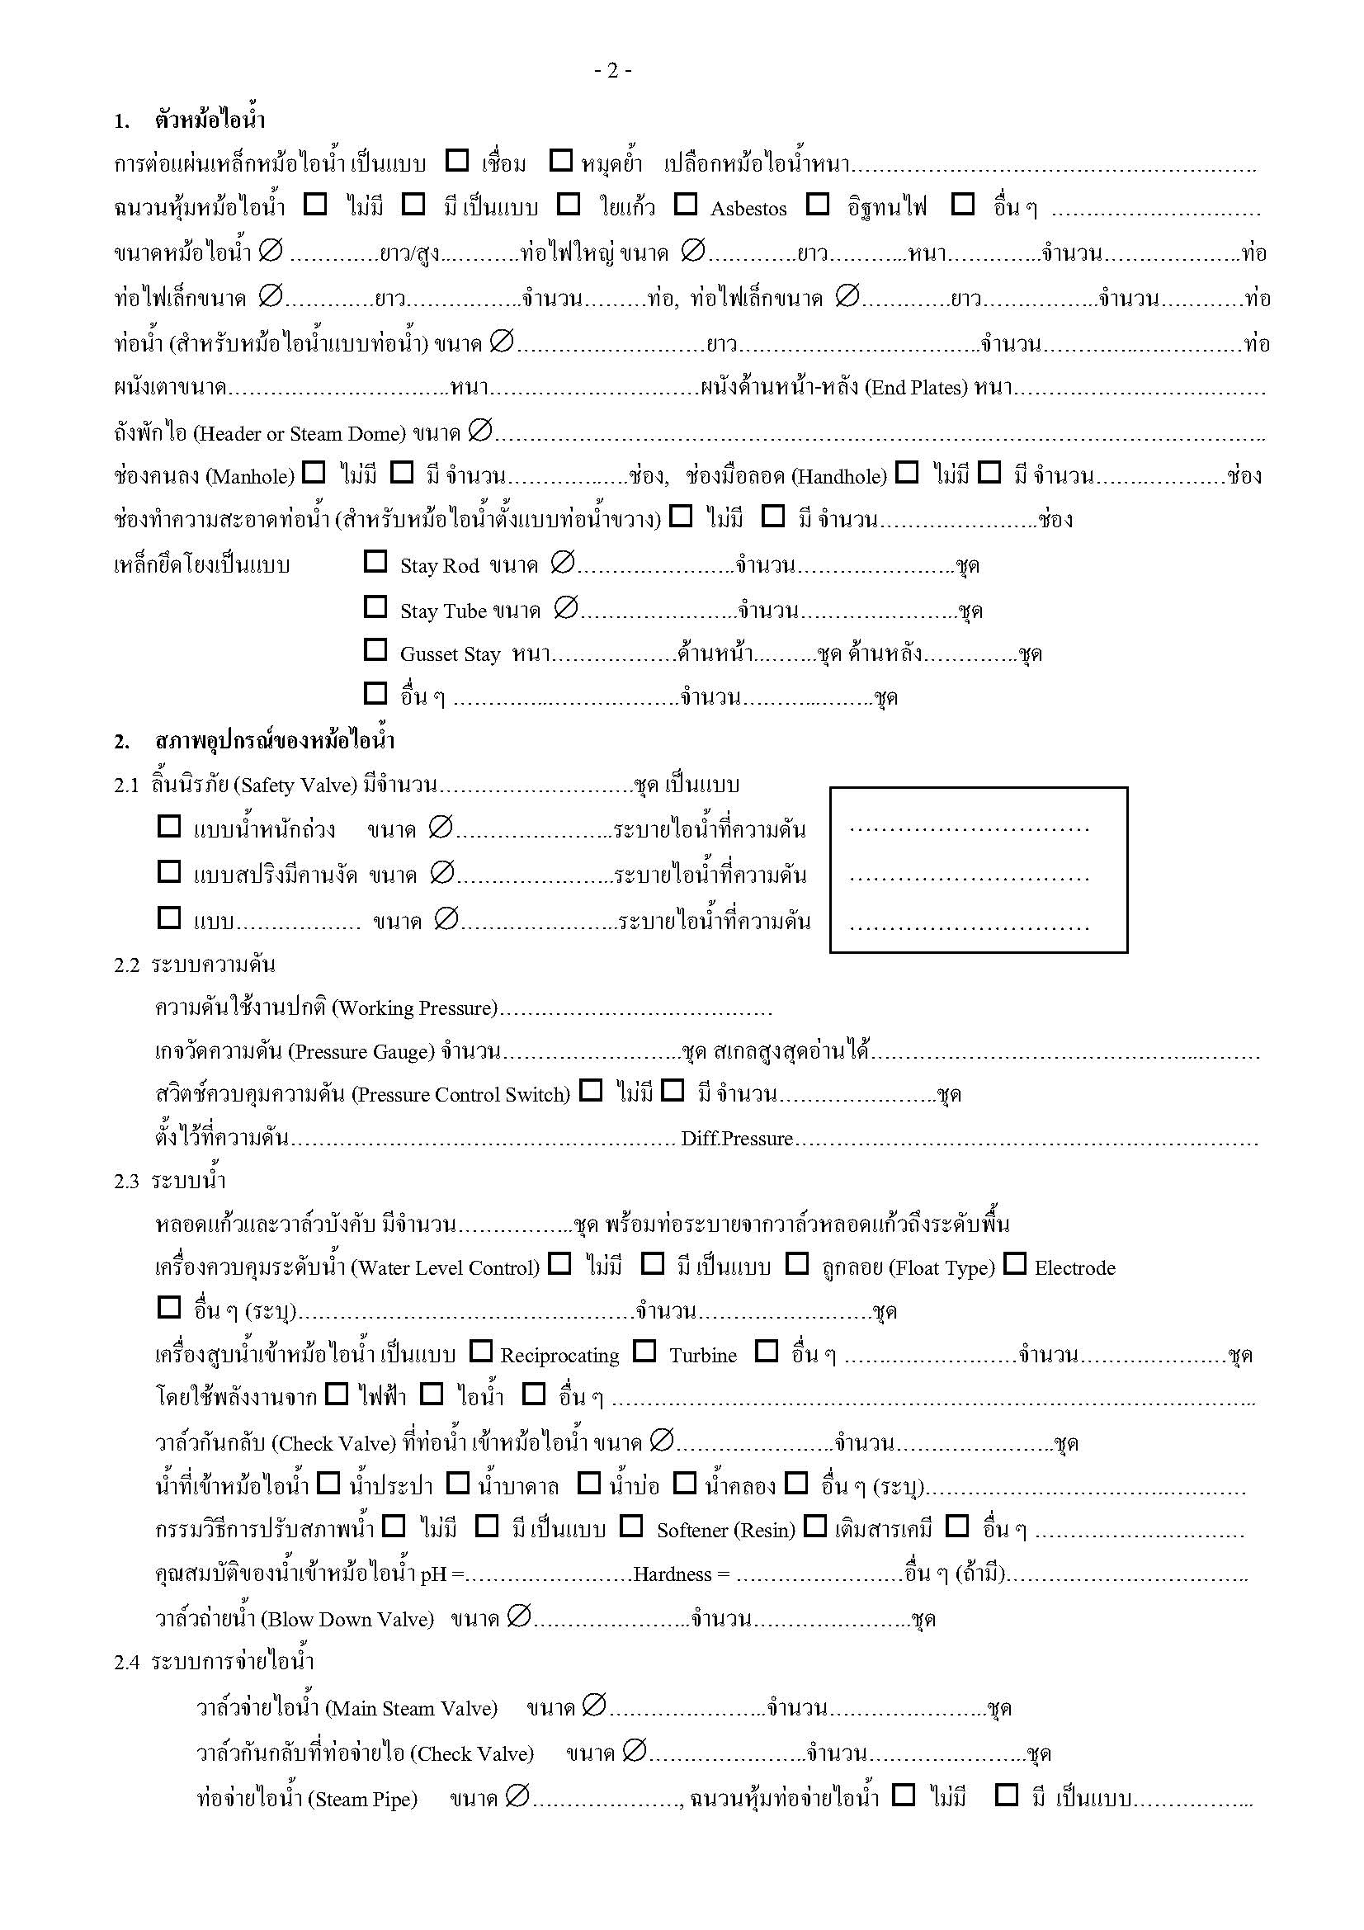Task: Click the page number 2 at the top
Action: (612, 72)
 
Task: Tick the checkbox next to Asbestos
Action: (686, 205)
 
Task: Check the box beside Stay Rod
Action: (375, 562)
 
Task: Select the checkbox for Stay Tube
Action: (375, 607)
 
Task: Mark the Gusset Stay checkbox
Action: (375, 649)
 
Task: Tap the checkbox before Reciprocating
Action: (481, 1352)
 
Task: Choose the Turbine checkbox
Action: (644, 1352)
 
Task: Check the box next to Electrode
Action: (1015, 1263)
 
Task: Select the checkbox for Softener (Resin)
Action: (631, 1526)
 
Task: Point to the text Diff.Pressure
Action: (737, 1139)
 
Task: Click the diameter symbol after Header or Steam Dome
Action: (480, 431)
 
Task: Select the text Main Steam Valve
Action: (411, 1708)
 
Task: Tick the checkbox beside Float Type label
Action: (797, 1263)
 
